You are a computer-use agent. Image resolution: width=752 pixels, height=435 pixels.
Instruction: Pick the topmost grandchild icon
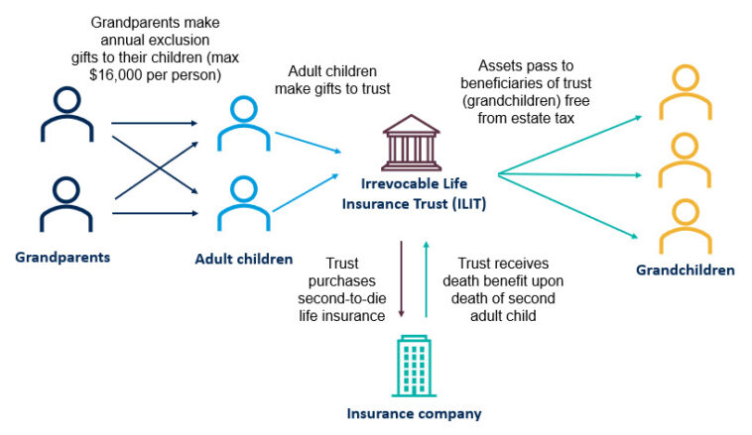[x=685, y=88]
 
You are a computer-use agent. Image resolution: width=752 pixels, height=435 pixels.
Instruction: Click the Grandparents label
[x=62, y=258]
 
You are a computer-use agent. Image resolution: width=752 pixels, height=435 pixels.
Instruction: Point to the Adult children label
[x=244, y=260]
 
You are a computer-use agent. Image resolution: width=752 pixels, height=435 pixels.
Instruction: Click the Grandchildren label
[x=686, y=270]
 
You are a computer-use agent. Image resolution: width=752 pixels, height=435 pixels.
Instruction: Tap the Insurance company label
[x=413, y=412]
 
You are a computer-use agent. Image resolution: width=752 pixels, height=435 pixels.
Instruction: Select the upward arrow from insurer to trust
[x=426, y=277]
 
